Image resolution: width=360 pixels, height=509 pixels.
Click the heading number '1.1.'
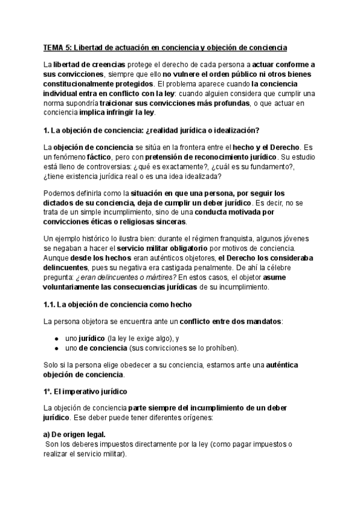pos(50,304)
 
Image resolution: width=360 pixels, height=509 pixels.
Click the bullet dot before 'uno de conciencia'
pos(56,348)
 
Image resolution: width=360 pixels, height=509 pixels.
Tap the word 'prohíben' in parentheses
pos(219,348)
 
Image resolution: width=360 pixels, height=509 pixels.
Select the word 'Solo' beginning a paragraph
pos(52,365)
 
